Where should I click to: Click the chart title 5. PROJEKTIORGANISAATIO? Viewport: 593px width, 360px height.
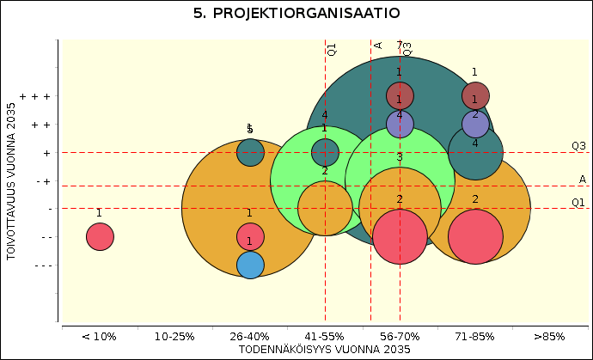[296, 14]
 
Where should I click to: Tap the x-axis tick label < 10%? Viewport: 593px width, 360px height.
[99, 336]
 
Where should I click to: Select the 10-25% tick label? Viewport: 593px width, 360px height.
[174, 336]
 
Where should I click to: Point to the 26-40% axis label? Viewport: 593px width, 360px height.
[249, 336]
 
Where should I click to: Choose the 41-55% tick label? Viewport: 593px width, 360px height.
[325, 336]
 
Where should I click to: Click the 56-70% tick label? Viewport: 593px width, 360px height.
[400, 336]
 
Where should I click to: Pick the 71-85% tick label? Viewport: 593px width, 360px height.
[475, 336]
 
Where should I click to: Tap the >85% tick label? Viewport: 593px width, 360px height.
[550, 336]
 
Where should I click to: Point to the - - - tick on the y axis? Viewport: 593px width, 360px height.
[40, 265]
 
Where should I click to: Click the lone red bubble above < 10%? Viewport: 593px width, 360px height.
[100, 235]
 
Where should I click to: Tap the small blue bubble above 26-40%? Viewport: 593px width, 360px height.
[249, 265]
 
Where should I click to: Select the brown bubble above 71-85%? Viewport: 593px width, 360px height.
[475, 95]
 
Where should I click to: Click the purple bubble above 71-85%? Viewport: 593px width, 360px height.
[475, 125]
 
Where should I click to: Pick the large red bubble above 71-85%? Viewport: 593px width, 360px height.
[475, 236]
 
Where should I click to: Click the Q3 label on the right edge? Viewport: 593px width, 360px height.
[579, 146]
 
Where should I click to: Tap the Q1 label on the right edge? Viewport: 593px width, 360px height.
[579, 203]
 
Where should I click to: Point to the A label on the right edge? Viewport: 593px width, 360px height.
[582, 180]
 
